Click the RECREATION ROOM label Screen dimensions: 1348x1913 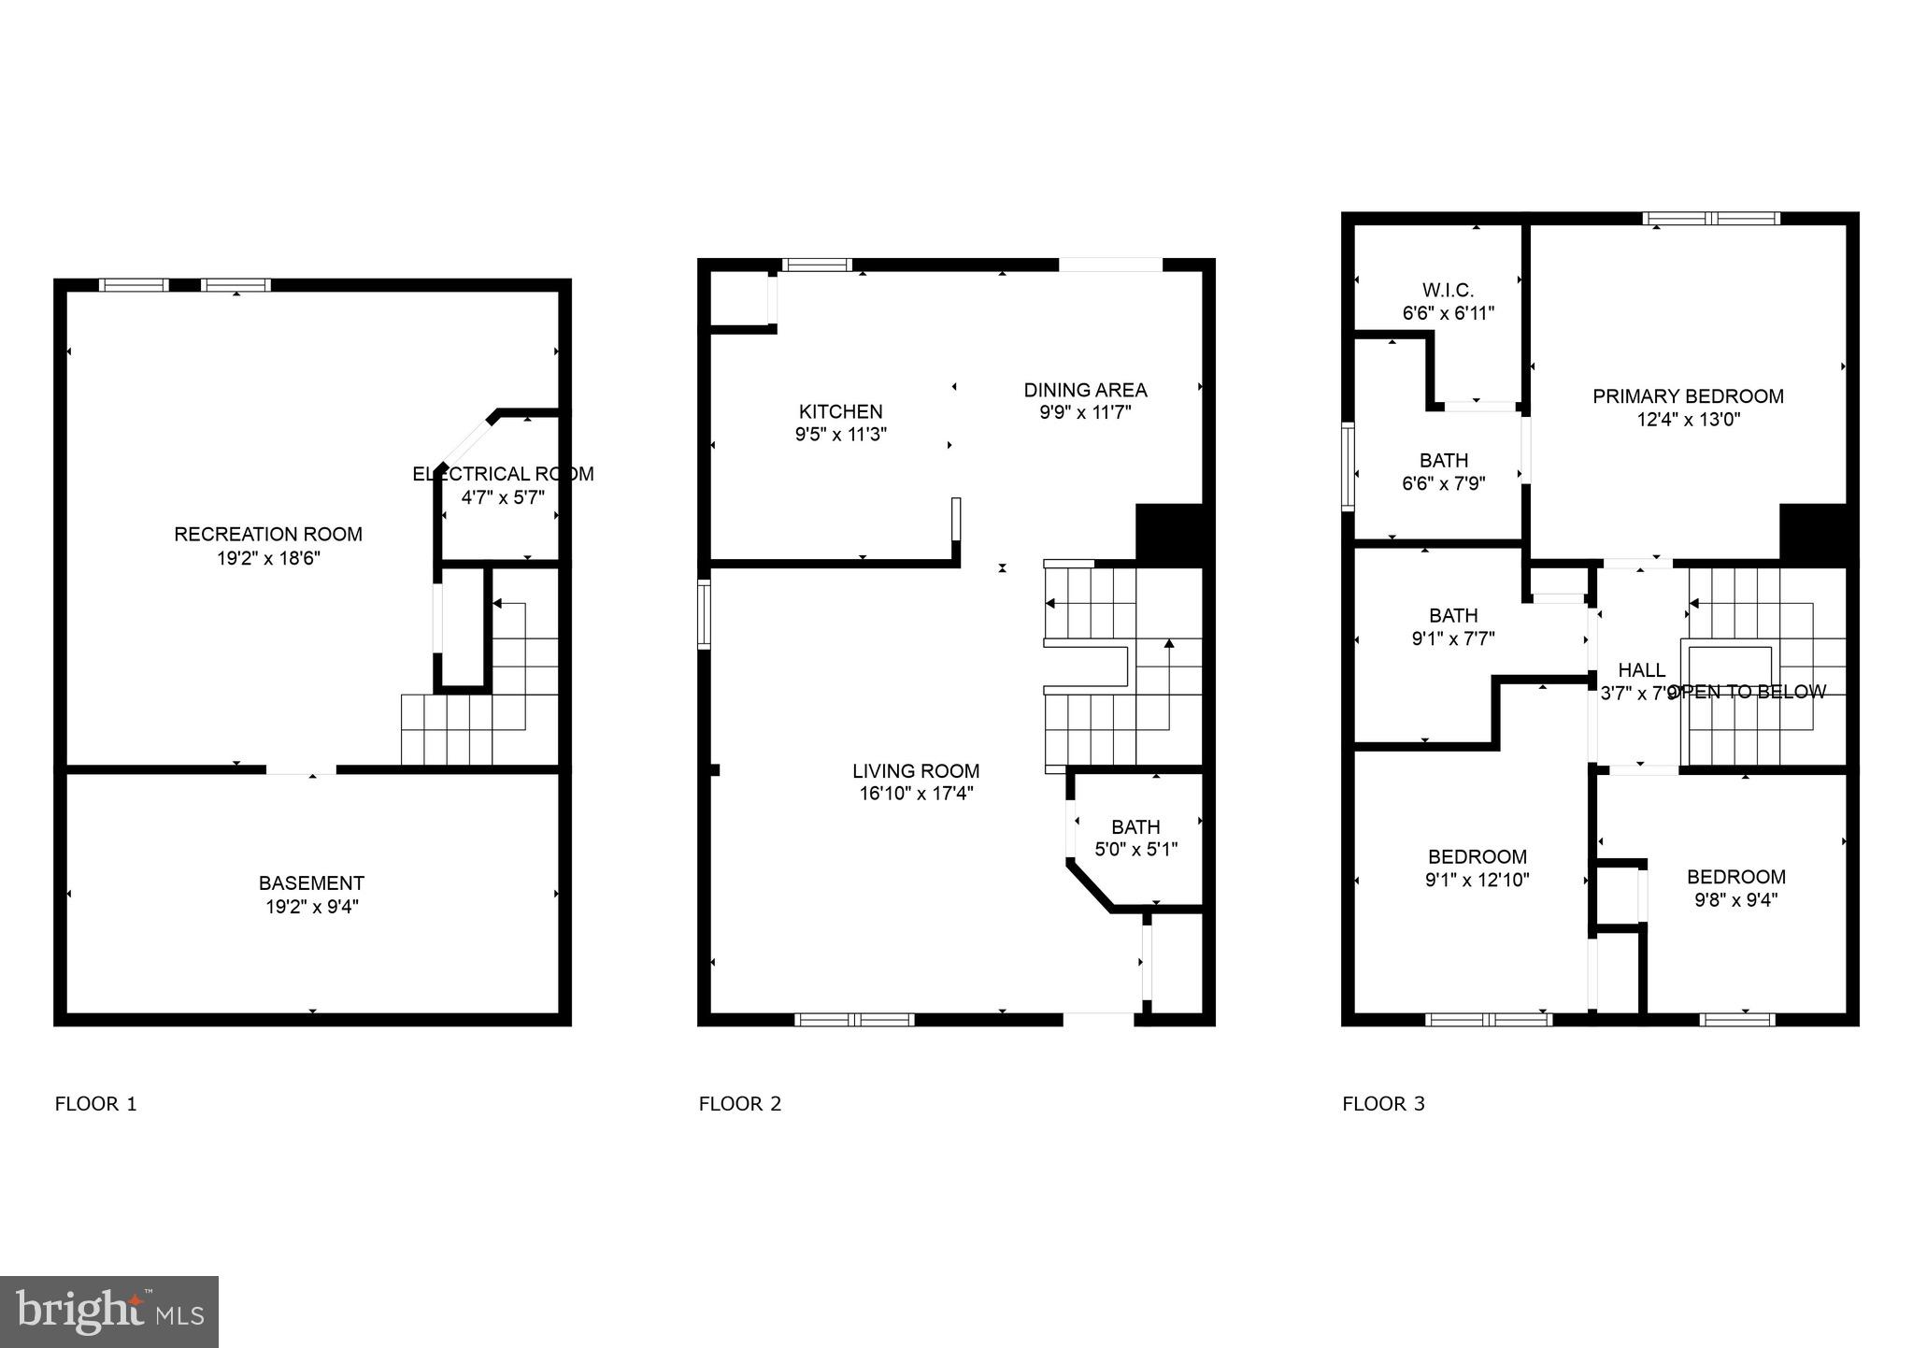tap(268, 535)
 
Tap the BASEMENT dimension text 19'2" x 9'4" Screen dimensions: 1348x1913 tap(311, 907)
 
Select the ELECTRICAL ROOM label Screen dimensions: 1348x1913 tap(503, 474)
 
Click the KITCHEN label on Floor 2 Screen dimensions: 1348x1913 tap(840, 411)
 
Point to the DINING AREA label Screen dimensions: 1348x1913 tap(1085, 390)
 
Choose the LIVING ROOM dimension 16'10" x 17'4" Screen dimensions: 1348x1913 tap(916, 795)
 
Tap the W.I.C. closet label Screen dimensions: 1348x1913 tap(1448, 291)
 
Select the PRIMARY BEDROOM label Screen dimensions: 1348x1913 tap(1688, 396)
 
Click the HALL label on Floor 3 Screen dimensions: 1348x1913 tap(1641, 670)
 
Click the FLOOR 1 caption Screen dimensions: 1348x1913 tap(96, 1104)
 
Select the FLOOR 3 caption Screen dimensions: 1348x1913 tap(1383, 1104)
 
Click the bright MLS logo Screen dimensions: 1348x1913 tap(109, 1312)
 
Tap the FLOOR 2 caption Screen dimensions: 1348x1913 tap(739, 1104)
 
